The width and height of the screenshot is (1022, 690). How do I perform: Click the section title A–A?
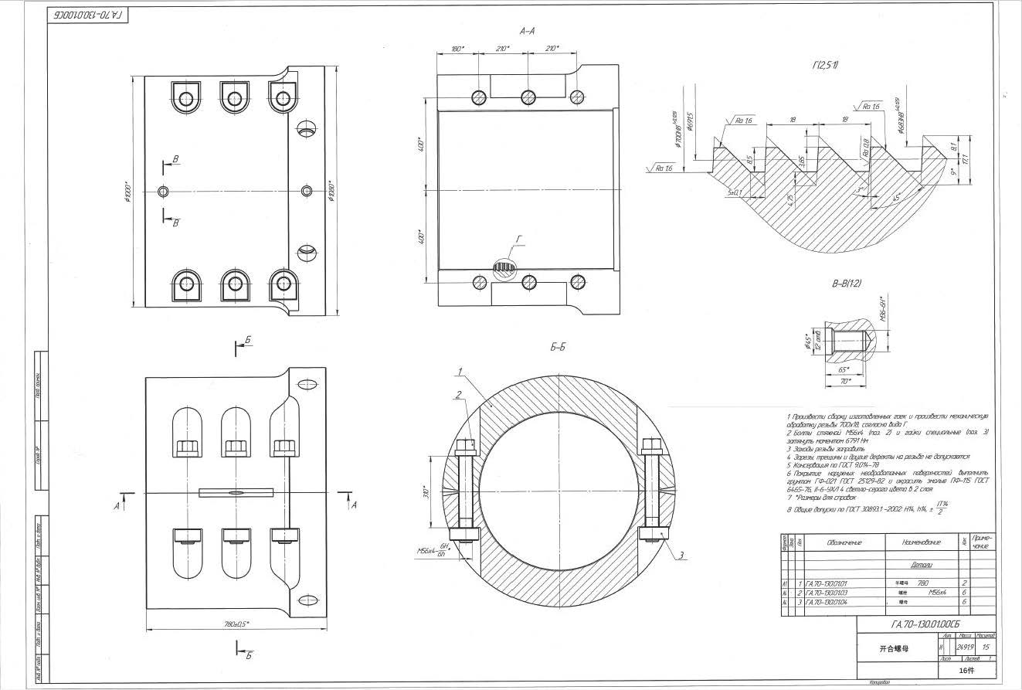[528, 32]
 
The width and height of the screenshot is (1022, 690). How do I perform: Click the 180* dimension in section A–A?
[457, 49]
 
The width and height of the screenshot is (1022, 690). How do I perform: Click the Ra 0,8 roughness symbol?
[866, 147]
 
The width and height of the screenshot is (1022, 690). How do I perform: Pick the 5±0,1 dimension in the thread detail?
[734, 192]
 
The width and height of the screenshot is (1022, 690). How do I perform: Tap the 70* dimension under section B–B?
[846, 381]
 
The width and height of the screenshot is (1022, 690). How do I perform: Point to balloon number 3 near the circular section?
[682, 555]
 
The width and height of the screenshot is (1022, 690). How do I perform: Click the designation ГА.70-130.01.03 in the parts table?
[827, 592]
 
